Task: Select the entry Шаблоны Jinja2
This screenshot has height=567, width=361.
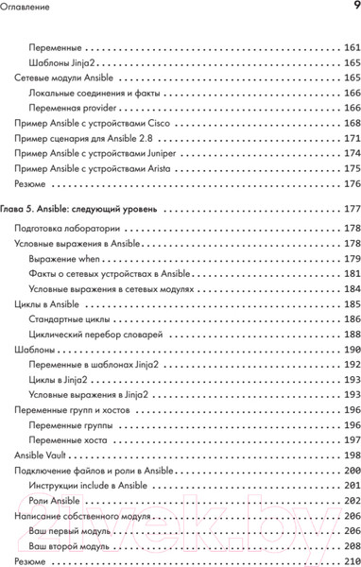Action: click(x=53, y=62)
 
